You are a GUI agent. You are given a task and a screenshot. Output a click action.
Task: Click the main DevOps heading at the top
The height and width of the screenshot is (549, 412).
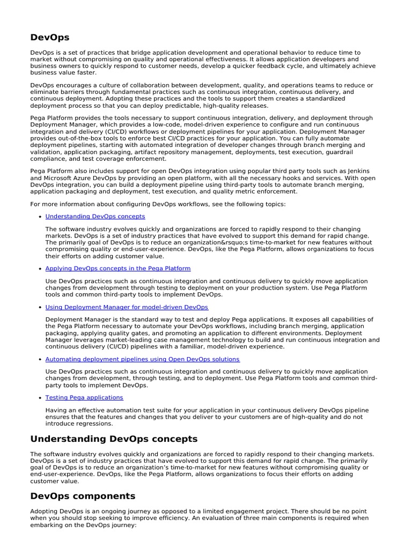[50, 38]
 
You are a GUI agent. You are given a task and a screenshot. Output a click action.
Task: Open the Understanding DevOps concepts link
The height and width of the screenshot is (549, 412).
[95, 217]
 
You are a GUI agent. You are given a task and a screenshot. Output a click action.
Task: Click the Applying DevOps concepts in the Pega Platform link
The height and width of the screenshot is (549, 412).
[118, 268]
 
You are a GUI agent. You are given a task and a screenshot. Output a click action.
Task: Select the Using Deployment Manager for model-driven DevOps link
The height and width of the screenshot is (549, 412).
[127, 307]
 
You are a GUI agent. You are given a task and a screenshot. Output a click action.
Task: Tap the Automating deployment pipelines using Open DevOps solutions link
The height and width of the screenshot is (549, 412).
[143, 359]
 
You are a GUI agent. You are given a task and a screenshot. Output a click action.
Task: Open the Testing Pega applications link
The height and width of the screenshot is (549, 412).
[84, 398]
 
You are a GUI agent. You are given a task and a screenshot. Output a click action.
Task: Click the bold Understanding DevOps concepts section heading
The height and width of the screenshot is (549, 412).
[114, 439]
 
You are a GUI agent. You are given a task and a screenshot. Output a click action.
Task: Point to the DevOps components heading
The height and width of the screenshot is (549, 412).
[83, 496]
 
